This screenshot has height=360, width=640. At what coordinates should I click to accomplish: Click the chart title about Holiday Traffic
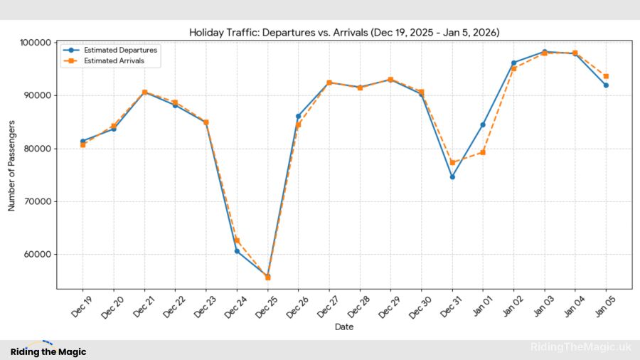coord(343,33)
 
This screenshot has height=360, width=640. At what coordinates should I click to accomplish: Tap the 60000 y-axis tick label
coord(36,255)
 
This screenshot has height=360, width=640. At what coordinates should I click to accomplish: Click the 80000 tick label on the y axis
coord(36,149)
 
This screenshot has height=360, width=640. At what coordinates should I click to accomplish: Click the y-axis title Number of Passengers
coord(11,166)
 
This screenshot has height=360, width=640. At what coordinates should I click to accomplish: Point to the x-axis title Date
coord(343,327)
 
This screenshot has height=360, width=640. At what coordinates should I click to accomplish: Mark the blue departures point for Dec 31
coord(452,176)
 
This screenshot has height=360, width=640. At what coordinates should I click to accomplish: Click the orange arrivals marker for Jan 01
coord(483,152)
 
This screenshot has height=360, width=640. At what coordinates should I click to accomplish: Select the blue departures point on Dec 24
coord(237,251)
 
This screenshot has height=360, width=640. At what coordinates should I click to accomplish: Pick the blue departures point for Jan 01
coord(483,125)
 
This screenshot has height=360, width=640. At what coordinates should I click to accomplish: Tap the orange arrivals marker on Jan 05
coord(606,76)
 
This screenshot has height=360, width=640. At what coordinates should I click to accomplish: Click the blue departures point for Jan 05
coord(606,85)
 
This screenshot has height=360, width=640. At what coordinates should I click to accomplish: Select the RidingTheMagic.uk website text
coord(580,347)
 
